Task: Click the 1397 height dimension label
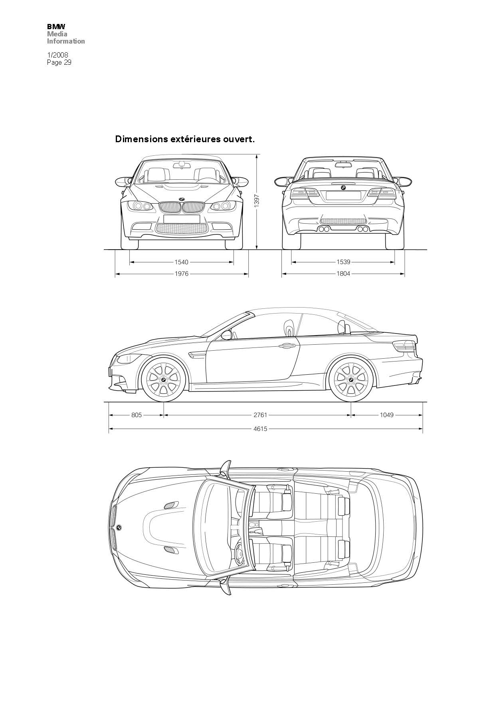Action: (257, 201)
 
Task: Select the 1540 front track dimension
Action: (181, 262)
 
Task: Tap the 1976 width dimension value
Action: (181, 274)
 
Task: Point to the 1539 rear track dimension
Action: (343, 262)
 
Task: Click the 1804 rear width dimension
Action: (343, 274)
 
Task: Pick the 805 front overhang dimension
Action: (137, 415)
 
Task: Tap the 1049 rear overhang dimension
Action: (386, 415)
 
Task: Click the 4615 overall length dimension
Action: (260, 429)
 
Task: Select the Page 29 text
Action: (59, 62)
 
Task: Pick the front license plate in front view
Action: (182, 219)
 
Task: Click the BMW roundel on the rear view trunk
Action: (343, 188)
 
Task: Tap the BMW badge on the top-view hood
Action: (119, 528)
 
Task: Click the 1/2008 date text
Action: (57, 55)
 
